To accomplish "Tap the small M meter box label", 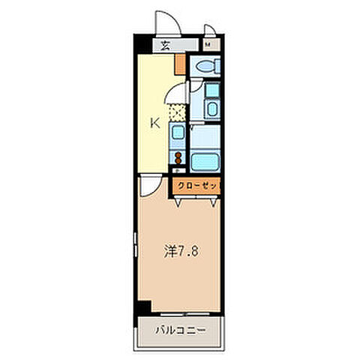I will (x=208, y=45).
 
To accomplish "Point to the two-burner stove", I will (x=178, y=158).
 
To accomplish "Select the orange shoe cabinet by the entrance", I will (x=180, y=63).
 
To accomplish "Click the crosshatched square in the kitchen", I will (x=178, y=112).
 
